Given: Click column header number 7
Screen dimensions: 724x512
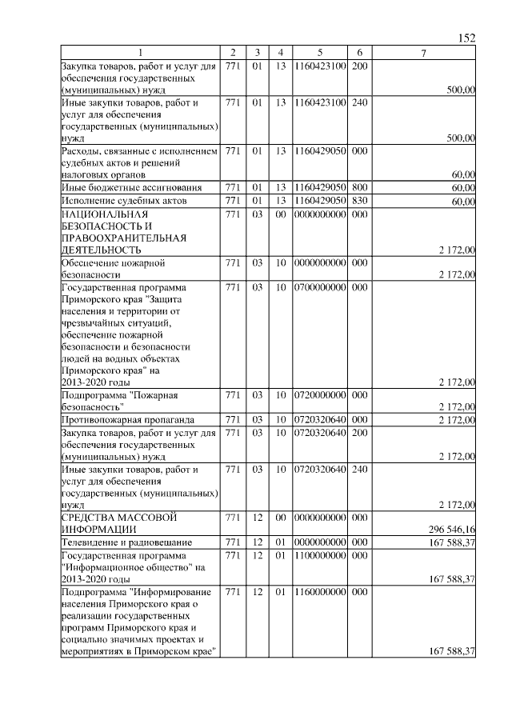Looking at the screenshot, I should tap(423, 53).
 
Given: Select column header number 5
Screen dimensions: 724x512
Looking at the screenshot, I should tap(320, 53).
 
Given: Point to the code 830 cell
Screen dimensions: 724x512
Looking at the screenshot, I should tap(359, 201).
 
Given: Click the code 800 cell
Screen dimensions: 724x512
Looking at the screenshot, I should tap(359, 187).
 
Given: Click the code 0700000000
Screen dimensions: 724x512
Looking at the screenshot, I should tap(320, 286).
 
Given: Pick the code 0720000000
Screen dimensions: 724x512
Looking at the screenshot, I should tap(320, 395).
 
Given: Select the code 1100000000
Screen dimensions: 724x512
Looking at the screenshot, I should tap(320, 555).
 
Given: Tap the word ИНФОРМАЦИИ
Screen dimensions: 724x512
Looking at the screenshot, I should tap(98, 530).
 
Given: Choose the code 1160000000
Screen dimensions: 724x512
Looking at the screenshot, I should tap(320, 592).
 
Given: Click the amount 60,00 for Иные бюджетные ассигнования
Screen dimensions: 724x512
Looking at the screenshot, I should tap(463, 188).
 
